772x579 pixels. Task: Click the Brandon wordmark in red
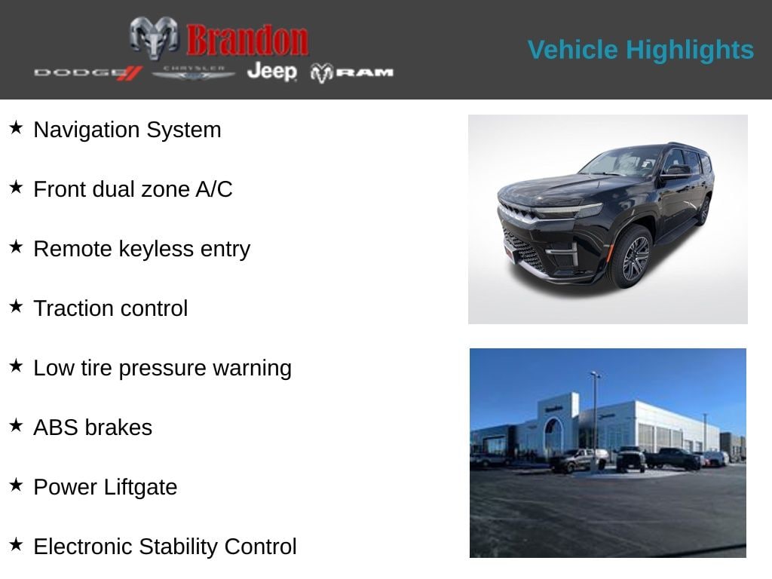point(247,40)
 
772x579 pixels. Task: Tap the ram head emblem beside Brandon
point(154,38)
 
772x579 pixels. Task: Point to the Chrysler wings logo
point(194,73)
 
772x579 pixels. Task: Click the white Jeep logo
point(272,72)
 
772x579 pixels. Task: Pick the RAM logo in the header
point(352,73)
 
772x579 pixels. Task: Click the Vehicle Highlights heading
point(641,50)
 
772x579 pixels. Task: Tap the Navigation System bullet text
point(127,130)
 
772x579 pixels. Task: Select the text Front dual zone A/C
point(133,189)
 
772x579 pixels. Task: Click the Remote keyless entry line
point(142,249)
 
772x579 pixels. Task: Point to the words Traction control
point(111,308)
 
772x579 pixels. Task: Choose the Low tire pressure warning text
point(163,368)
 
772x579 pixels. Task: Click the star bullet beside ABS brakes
point(17,425)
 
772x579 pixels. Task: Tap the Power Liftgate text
point(106,488)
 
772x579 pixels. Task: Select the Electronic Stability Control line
point(165,547)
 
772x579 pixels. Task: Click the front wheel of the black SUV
point(631,256)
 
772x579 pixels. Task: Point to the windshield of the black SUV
point(621,162)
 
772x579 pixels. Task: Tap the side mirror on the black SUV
point(677,171)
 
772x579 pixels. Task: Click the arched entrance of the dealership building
point(553,437)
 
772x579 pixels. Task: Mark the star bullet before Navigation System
point(17,127)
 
